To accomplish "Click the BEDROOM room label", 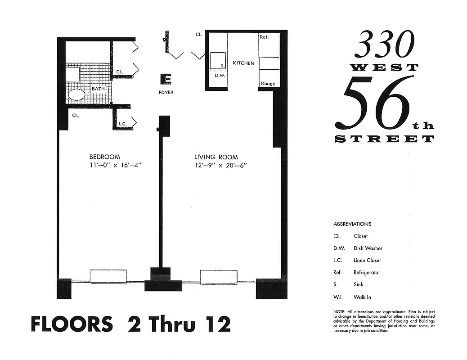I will [x=104, y=157].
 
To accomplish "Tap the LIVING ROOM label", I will [x=216, y=157].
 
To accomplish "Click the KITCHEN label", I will [x=243, y=63].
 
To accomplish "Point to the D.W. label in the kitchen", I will [x=220, y=76].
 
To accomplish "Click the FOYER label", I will [x=166, y=92].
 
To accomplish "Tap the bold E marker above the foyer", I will [x=166, y=79].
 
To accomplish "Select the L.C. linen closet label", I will [x=122, y=123].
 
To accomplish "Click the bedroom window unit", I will [x=108, y=276].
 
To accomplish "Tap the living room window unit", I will [x=219, y=277].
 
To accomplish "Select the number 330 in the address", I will [x=384, y=45].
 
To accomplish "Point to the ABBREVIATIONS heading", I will [x=352, y=224].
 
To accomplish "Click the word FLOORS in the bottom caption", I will [x=72, y=325].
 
